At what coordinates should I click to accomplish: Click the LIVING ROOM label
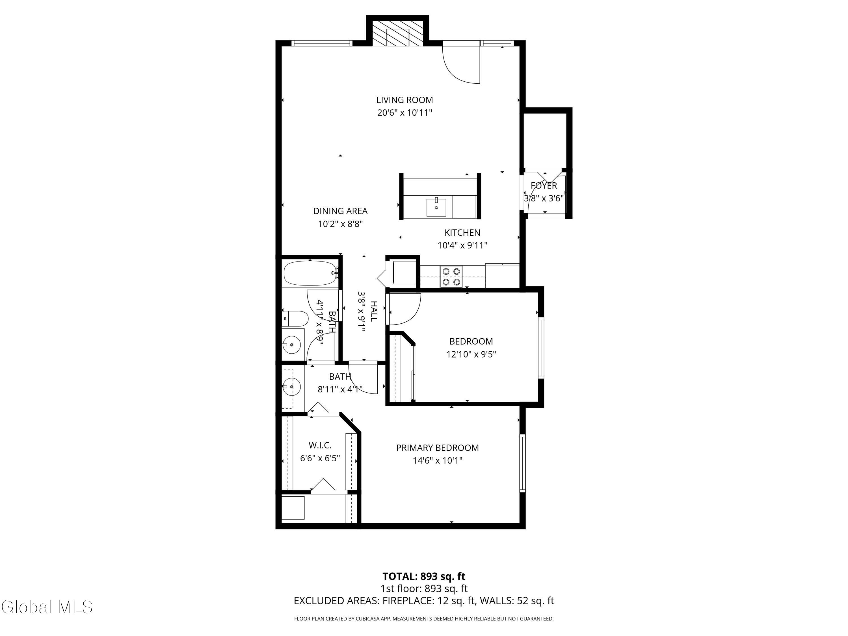tap(404, 100)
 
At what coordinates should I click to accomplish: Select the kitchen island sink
tap(436, 207)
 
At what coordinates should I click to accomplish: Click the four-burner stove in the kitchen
tap(451, 277)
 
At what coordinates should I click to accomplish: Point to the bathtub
tap(310, 273)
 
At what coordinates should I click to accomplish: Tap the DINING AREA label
tap(340, 211)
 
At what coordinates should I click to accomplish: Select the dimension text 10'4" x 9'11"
tap(462, 245)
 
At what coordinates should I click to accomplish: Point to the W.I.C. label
tap(320, 445)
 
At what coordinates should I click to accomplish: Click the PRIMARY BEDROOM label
tap(437, 448)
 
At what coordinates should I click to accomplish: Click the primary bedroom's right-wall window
tap(522, 463)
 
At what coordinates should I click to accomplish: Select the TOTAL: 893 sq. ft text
tap(424, 576)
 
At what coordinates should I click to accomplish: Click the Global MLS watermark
tap(47, 607)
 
